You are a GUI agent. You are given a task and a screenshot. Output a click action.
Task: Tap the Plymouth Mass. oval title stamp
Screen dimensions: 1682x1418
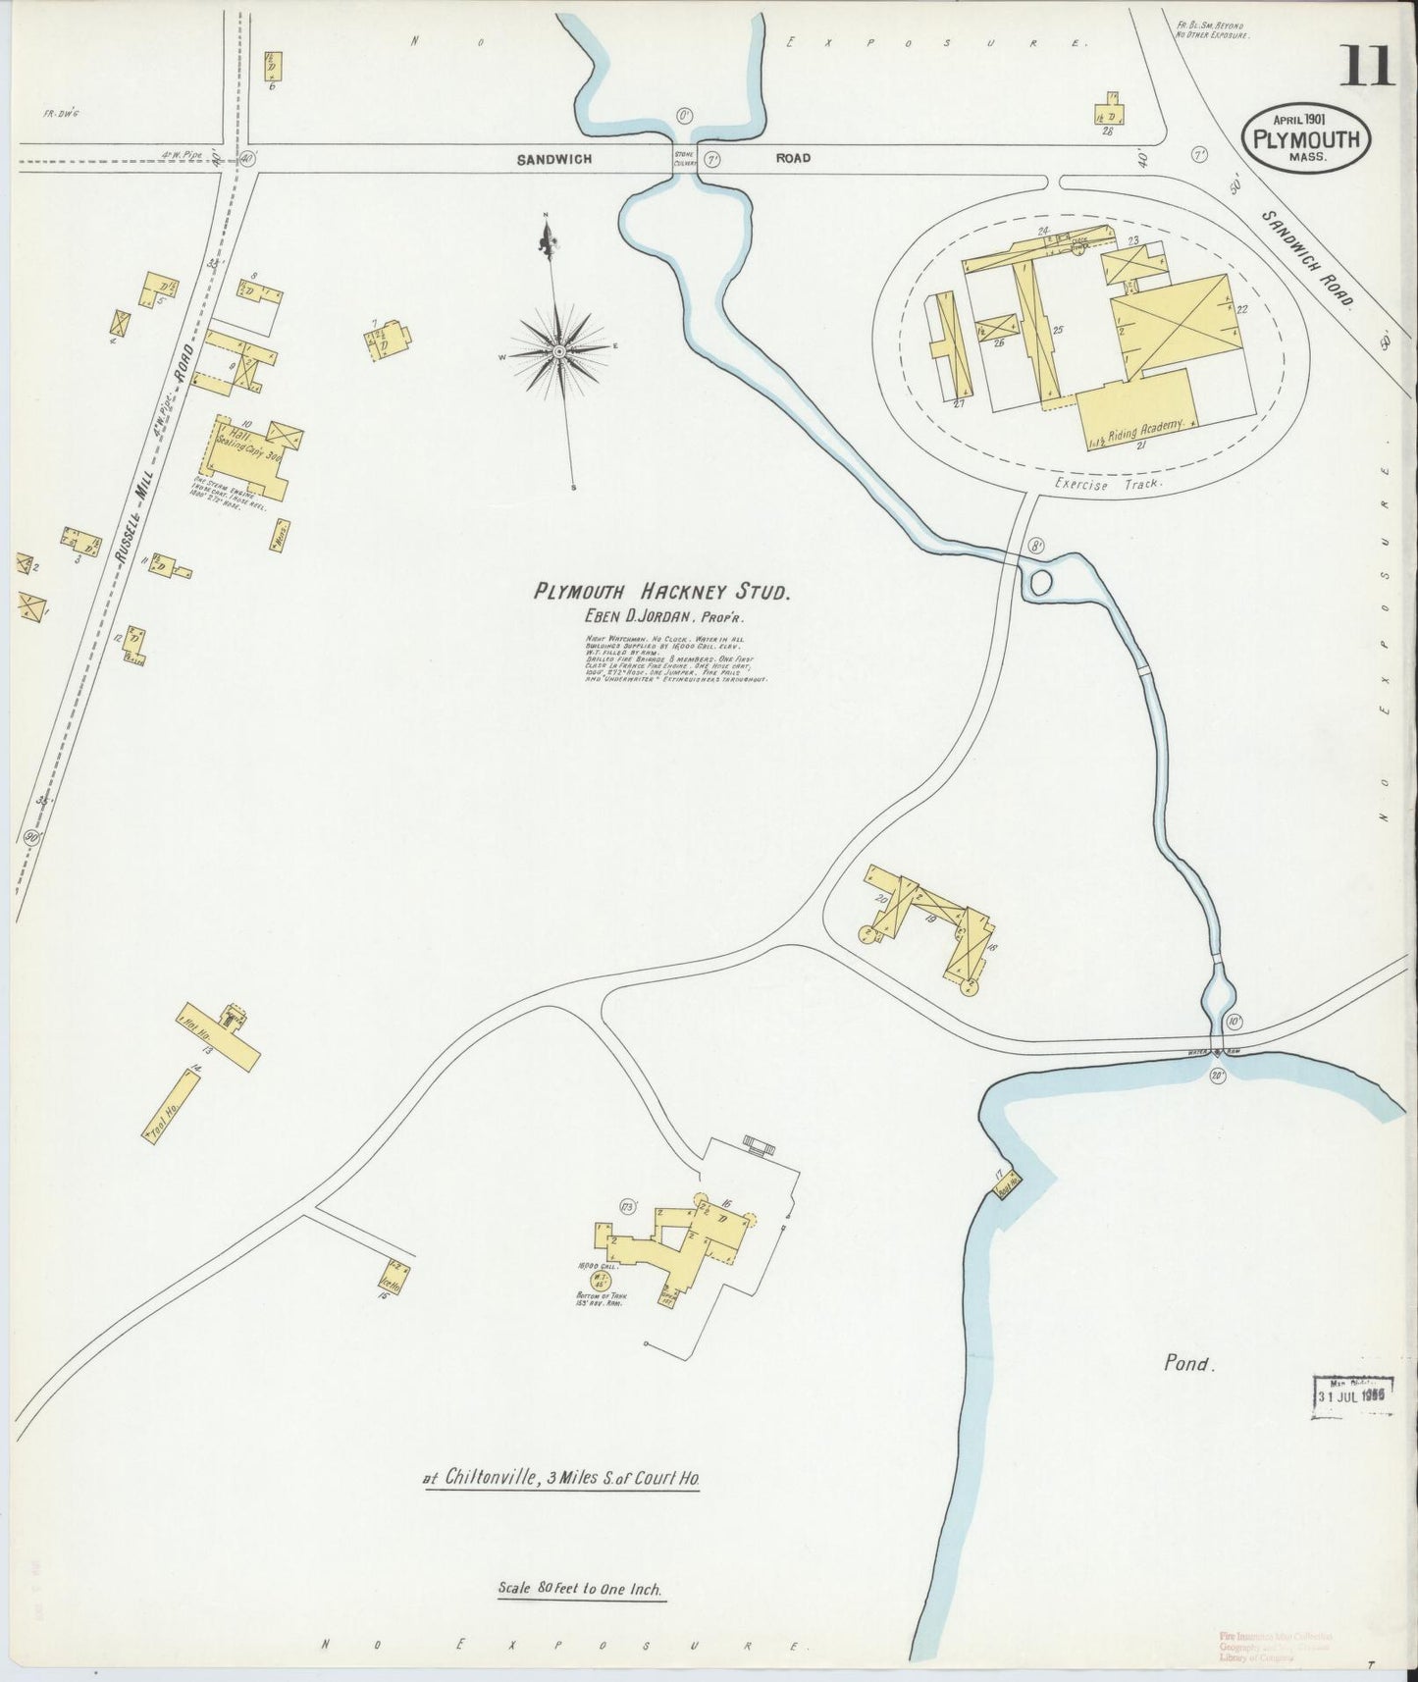click(x=1305, y=139)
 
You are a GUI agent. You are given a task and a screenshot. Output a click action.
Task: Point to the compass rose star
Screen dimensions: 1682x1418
click(x=558, y=349)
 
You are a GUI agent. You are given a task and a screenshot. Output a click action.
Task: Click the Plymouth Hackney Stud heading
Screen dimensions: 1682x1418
click(x=661, y=591)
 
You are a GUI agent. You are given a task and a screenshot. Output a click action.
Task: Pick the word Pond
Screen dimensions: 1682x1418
click(x=1189, y=1362)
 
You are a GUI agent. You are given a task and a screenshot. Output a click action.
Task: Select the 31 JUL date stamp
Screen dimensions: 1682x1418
click(x=1354, y=1393)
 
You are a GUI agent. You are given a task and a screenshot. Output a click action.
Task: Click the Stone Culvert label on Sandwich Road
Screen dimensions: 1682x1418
click(x=684, y=157)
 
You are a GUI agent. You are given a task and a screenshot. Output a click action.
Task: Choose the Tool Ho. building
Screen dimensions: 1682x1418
click(x=171, y=1105)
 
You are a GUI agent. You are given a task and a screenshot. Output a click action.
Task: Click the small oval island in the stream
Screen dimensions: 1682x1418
click(x=1041, y=583)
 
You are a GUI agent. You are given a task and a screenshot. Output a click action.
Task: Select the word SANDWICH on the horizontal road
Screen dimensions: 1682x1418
click(x=555, y=158)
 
